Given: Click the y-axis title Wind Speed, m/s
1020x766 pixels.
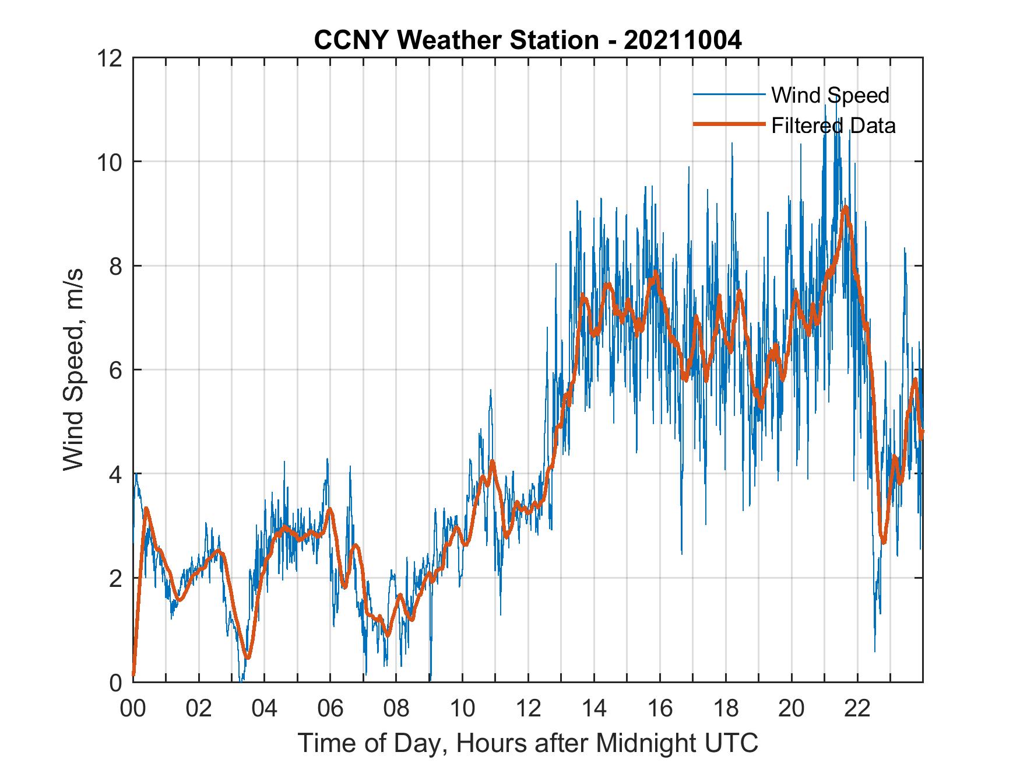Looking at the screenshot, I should pyautogui.click(x=74, y=369).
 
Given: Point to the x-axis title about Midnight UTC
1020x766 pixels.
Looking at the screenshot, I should pyautogui.click(x=527, y=743).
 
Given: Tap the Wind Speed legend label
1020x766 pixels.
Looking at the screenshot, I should pyautogui.click(x=830, y=95).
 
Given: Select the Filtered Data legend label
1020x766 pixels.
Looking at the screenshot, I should pyautogui.click(x=833, y=125).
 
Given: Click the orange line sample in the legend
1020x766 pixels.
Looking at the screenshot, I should pyautogui.click(x=729, y=124).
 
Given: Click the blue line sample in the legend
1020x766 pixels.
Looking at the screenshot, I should pyautogui.click(x=729, y=95).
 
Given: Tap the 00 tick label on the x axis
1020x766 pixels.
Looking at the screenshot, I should pyautogui.click(x=133, y=708).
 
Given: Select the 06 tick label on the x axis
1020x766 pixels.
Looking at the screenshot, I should pyautogui.click(x=330, y=708).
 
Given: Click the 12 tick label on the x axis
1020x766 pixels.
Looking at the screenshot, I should pyautogui.click(x=528, y=708).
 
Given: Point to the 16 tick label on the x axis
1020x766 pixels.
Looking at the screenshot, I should pyautogui.click(x=660, y=708).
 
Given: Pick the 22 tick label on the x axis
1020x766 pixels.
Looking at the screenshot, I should pyautogui.click(x=857, y=708).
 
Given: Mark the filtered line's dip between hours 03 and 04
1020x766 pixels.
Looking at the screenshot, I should pyautogui.click(x=248, y=657).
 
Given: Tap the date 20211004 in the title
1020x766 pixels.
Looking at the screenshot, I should pyautogui.click(x=683, y=40).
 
